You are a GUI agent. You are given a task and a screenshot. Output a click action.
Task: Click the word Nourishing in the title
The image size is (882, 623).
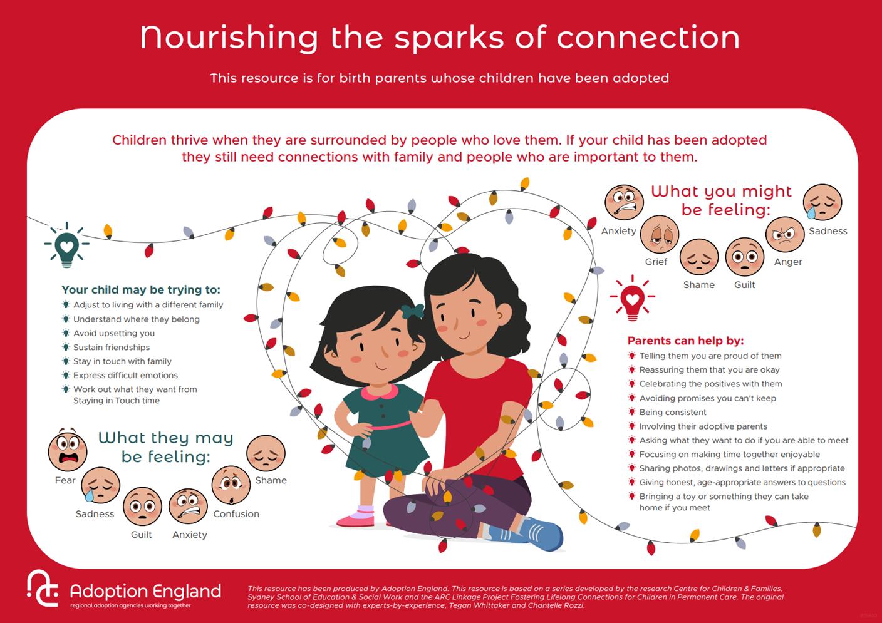pos(229,38)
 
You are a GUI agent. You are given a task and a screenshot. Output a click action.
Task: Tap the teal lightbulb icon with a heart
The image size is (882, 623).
pos(66,244)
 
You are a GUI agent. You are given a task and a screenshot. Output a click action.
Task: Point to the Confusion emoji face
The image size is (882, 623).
pos(231,485)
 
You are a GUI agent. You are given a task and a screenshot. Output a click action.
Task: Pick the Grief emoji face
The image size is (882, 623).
pos(660,234)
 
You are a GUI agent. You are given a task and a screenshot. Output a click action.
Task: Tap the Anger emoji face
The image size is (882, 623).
pos(784,235)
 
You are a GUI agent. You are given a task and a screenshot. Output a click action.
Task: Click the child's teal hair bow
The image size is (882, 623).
pos(413,311)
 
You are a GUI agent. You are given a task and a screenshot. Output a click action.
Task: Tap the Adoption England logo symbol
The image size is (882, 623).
pos(43,589)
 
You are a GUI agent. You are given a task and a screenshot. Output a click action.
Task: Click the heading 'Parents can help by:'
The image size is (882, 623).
pos(685,341)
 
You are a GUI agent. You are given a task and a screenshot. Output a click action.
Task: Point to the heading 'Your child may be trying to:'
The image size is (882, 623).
pos(141,290)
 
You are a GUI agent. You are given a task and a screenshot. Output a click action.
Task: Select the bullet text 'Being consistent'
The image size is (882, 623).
pos(672,413)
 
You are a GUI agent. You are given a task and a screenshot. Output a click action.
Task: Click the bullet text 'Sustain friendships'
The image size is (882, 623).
pos(112,348)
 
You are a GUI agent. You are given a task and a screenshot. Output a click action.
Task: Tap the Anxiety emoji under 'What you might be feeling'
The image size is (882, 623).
pos(624,203)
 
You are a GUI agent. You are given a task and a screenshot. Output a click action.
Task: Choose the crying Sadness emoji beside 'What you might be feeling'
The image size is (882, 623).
pos(822,202)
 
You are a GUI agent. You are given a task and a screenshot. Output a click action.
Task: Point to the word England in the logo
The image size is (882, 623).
pos(187,591)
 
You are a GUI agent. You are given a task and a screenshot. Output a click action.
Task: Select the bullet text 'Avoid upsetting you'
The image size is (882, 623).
pos(114,333)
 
